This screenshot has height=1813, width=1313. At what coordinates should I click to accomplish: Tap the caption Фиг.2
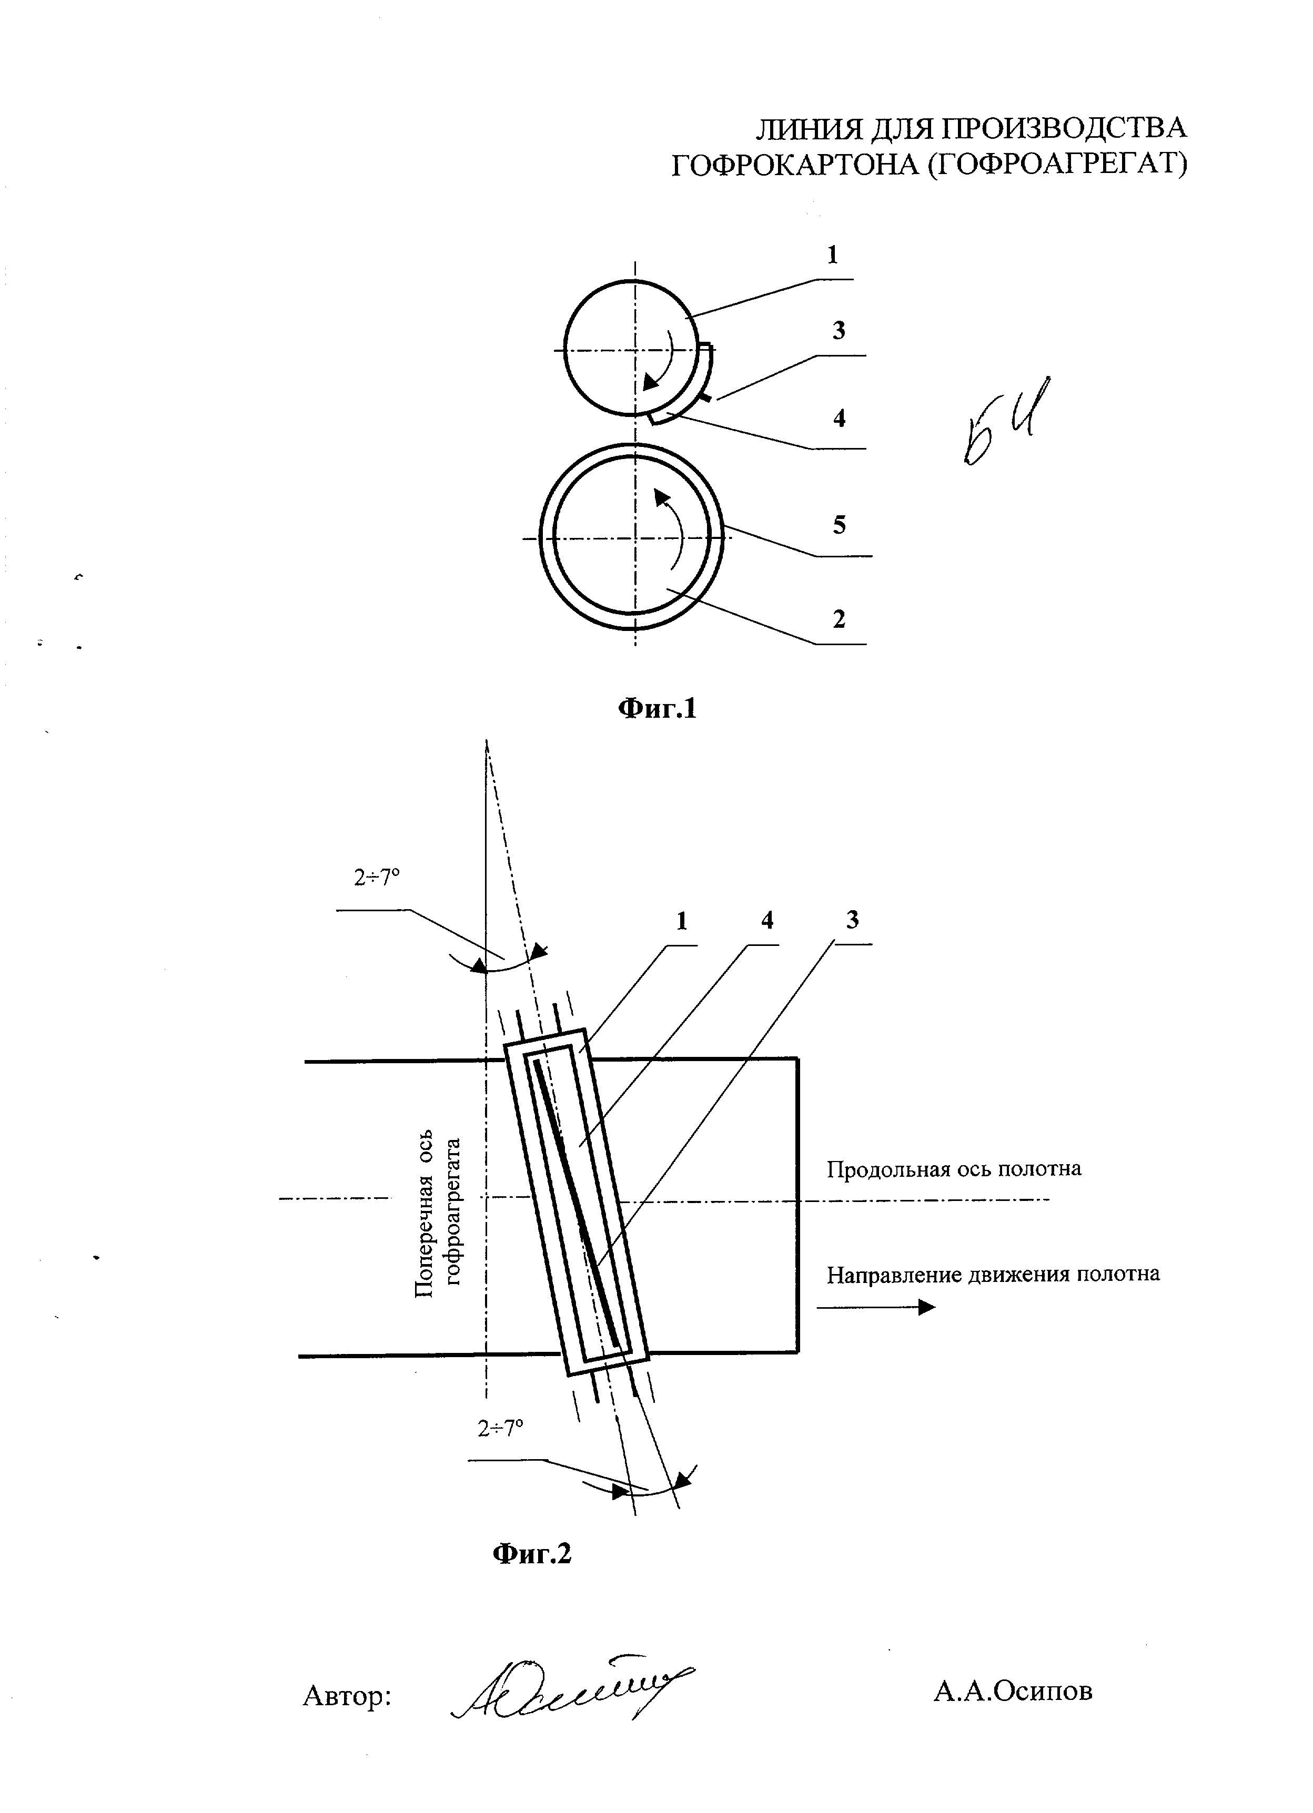tap(532, 1553)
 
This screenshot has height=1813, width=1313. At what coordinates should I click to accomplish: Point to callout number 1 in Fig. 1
tap(832, 255)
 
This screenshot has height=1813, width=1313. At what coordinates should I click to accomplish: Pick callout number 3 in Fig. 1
tap(838, 330)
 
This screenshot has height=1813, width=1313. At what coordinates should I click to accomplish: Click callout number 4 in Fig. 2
tap(767, 921)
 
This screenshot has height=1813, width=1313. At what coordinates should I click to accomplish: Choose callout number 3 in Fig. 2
tap(852, 920)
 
